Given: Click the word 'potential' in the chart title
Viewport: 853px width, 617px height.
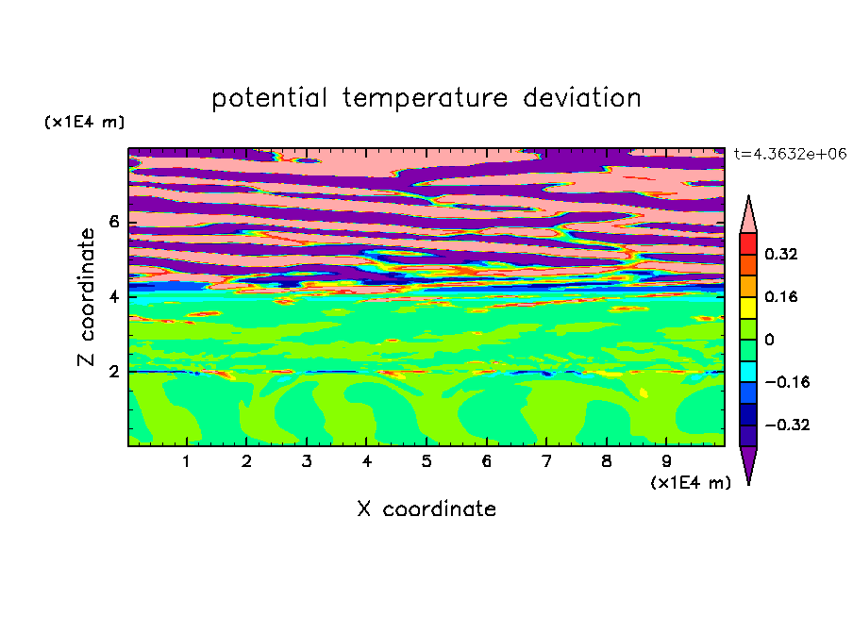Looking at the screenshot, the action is [x=269, y=98].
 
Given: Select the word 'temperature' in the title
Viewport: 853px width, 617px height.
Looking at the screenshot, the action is [x=425, y=98].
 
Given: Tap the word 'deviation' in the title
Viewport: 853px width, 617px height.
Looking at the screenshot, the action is [x=582, y=97].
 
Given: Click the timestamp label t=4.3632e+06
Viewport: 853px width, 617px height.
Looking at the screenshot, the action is [x=790, y=154].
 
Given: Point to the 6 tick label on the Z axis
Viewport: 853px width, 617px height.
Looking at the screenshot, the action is [x=113, y=222].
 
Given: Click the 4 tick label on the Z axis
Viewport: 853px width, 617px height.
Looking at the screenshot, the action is [x=113, y=297].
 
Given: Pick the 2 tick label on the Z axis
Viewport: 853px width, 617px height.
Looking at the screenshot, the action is [x=113, y=372].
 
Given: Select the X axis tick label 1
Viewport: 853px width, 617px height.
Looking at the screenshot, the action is [x=187, y=461].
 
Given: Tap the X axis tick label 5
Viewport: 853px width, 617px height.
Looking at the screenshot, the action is [x=426, y=461].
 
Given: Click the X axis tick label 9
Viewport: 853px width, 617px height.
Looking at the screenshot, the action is [x=666, y=461].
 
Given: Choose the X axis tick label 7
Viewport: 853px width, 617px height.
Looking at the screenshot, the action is [x=546, y=461].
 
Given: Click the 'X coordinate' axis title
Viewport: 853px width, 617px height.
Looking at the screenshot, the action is [x=426, y=509].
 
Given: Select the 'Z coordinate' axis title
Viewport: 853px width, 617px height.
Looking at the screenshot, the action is [x=87, y=297].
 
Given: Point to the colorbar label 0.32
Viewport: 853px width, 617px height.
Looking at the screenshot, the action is [x=781, y=254].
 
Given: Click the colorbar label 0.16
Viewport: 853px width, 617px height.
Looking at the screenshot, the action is [x=781, y=296].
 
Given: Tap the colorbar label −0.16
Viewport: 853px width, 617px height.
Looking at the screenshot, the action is [x=787, y=382].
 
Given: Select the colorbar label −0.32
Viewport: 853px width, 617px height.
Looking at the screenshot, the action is [x=787, y=425].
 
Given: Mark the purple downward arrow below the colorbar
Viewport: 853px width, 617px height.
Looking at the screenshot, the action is [x=748, y=462].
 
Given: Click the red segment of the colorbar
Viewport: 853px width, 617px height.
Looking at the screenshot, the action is [x=748, y=243].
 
